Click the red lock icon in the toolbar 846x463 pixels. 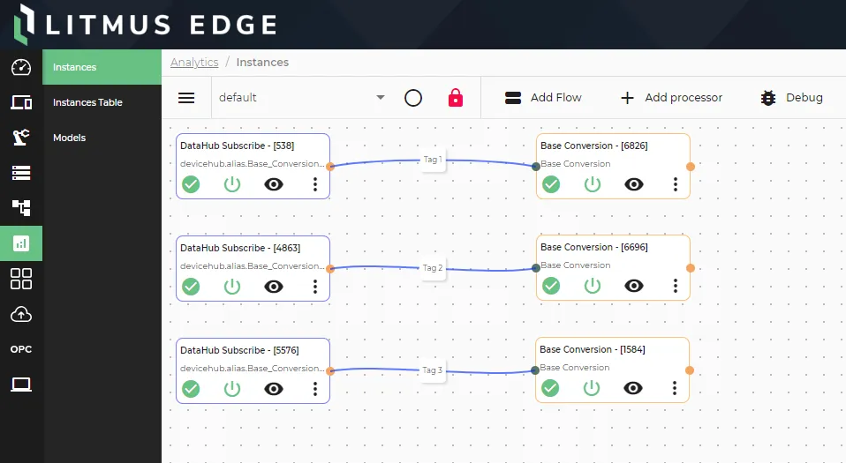click(x=456, y=98)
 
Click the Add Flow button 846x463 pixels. click(x=543, y=98)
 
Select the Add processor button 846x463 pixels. click(x=671, y=98)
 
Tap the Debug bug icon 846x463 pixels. click(x=767, y=98)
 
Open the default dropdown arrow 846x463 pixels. click(x=381, y=98)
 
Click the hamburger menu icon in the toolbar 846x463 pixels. click(x=186, y=98)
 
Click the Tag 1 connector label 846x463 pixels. click(x=433, y=160)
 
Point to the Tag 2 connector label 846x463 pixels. click(x=433, y=268)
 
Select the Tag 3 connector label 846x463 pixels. click(x=433, y=370)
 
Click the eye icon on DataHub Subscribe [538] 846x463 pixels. click(x=274, y=184)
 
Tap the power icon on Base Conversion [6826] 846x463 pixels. click(x=593, y=184)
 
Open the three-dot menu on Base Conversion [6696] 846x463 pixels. click(x=675, y=286)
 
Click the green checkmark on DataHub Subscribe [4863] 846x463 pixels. click(x=191, y=287)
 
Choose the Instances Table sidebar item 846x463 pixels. click(x=87, y=102)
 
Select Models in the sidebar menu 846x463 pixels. click(x=69, y=138)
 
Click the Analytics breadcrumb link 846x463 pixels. click(x=194, y=63)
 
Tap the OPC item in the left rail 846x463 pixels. click(x=21, y=349)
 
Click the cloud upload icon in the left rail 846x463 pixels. click(x=21, y=314)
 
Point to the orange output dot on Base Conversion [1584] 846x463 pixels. click(x=690, y=370)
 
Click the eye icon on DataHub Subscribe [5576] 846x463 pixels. click(x=274, y=389)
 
